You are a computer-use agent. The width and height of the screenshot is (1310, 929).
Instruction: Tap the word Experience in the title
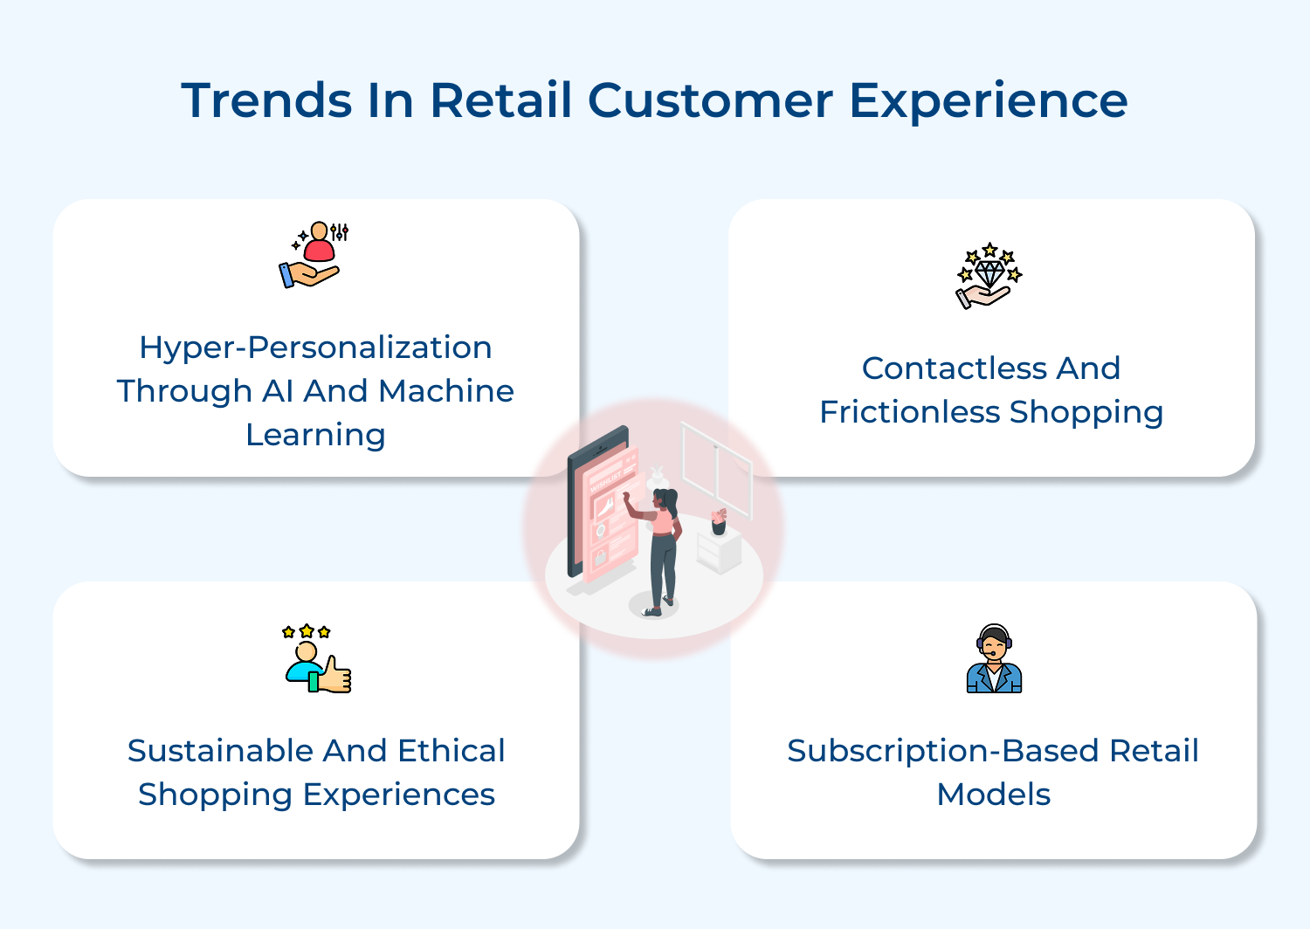(988, 102)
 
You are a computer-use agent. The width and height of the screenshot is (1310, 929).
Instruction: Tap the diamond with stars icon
(989, 275)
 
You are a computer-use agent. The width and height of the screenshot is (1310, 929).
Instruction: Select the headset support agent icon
(994, 659)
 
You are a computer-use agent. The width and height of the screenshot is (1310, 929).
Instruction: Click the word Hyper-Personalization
(315, 348)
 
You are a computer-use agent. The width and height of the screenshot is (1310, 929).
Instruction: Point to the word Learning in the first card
(315, 435)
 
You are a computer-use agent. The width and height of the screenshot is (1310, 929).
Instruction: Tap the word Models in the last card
(993, 795)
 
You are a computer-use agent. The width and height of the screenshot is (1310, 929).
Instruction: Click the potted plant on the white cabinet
(719, 521)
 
